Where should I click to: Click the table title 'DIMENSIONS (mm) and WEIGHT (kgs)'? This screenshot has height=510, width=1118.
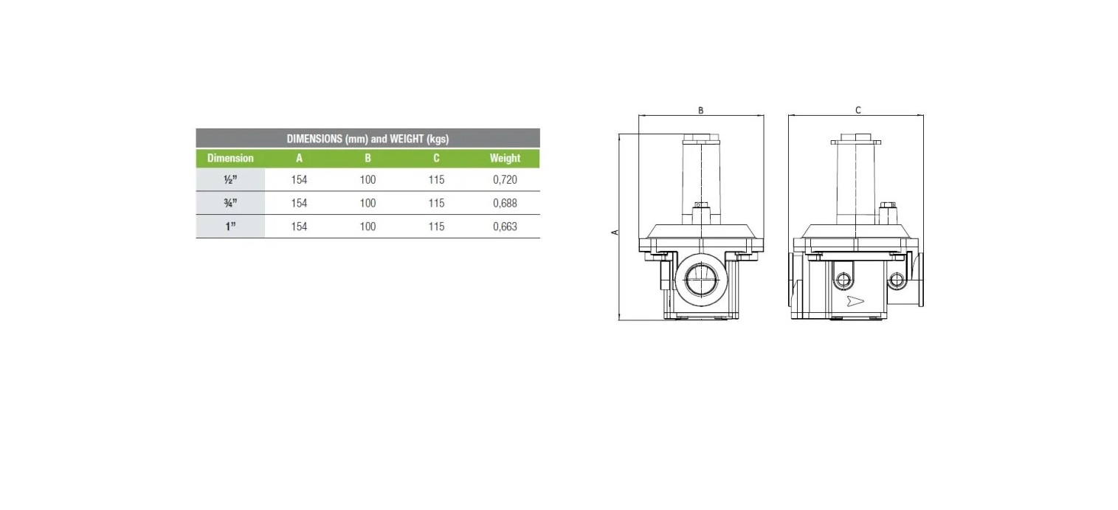pyautogui.click(x=368, y=139)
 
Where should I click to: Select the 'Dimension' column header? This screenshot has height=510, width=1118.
pyautogui.click(x=230, y=158)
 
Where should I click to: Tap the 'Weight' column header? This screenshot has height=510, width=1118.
pyautogui.click(x=505, y=158)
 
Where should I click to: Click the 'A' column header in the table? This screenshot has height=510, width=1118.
pyautogui.click(x=299, y=158)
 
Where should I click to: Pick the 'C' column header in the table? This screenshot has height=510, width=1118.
pyautogui.click(x=436, y=158)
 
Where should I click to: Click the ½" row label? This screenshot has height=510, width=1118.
pyautogui.click(x=230, y=179)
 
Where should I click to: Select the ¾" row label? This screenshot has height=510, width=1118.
pyautogui.click(x=230, y=203)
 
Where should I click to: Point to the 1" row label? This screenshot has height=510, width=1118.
pyautogui.click(x=230, y=227)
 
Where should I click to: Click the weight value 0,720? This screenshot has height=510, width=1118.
pyautogui.click(x=505, y=179)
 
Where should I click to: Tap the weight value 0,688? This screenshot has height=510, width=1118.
pyautogui.click(x=505, y=203)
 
